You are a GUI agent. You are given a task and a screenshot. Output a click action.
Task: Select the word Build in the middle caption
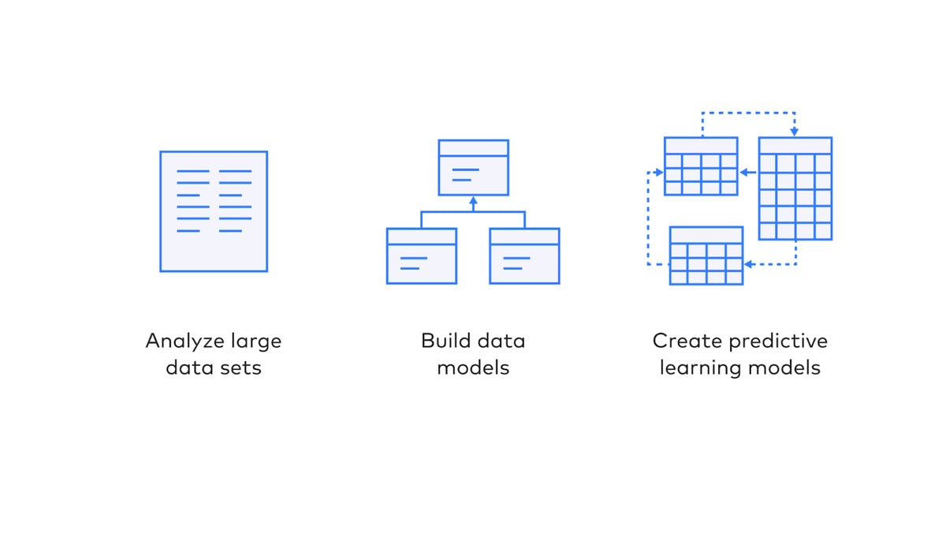[x=445, y=341]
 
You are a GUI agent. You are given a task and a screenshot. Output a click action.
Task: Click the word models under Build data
[x=473, y=368]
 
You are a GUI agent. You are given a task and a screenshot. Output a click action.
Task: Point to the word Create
[x=687, y=341]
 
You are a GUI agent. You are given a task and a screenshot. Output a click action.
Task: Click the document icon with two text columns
[x=214, y=211]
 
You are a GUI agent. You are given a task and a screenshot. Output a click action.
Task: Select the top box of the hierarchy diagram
[x=474, y=168]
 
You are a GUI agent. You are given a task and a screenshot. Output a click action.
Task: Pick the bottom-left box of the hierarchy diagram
[x=422, y=256]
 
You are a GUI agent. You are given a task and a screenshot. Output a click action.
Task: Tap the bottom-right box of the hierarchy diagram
[x=524, y=256]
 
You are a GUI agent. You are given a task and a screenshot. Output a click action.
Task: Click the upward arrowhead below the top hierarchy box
[x=474, y=200]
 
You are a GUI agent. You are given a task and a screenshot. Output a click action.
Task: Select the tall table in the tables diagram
[x=795, y=188]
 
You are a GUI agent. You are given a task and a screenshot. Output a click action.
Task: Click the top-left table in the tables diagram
[x=701, y=166]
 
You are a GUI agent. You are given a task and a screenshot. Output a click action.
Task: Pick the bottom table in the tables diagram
[x=706, y=256]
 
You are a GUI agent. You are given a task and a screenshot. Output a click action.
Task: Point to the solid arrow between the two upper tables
[x=748, y=172]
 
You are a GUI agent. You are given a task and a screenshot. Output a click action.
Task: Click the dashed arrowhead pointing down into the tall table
[x=795, y=132]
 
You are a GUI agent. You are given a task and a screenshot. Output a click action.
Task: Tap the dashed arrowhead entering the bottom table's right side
[x=748, y=264]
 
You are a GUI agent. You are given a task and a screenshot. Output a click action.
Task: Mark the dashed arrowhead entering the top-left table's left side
[x=659, y=172]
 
